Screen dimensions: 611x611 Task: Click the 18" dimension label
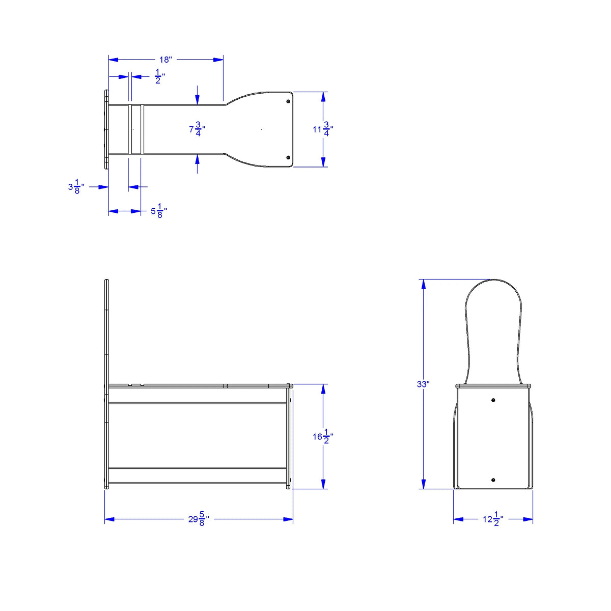[165, 60]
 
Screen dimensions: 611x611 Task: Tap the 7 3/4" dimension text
[197, 129]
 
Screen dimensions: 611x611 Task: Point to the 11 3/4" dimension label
[323, 129]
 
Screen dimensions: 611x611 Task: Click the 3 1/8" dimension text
[76, 187]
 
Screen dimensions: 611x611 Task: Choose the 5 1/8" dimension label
[158, 211]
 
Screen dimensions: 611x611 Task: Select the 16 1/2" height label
[323, 436]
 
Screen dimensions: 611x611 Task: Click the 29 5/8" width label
[199, 519]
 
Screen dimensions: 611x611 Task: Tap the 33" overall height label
[423, 384]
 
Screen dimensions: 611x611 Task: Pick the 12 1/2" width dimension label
[493, 519]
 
